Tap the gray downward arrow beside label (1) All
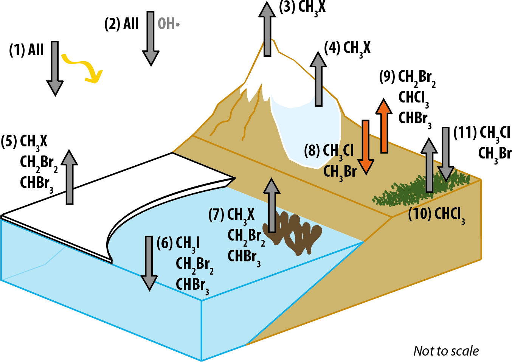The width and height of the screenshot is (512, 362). tap(55, 68)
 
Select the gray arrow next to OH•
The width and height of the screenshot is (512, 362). tap(150, 38)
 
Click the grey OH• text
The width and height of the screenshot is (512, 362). tap(169, 24)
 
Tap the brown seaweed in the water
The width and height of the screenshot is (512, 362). tap(299, 233)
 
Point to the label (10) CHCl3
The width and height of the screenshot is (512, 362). tap(436, 214)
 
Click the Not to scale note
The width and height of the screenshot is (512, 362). tap(446, 351)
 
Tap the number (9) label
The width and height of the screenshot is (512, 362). tap(387, 77)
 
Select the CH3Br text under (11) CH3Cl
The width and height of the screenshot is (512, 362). tap(495, 154)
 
